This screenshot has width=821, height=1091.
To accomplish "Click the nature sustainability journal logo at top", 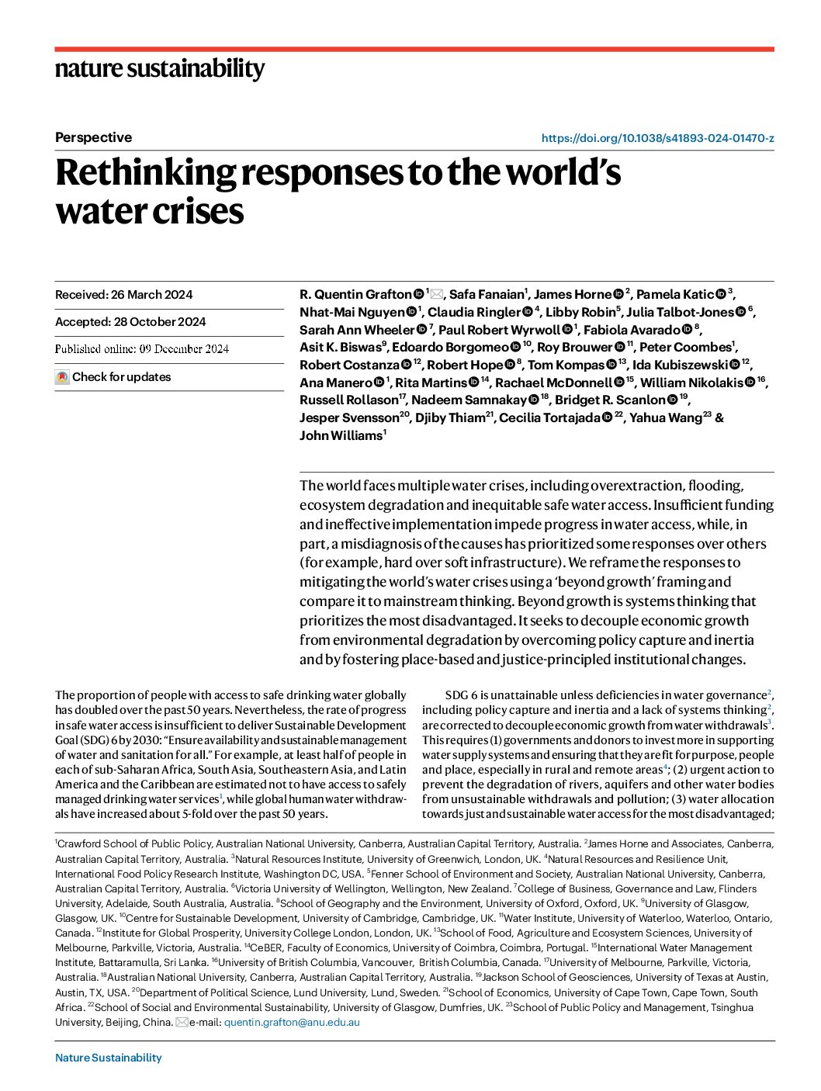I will pyautogui.click(x=160, y=69).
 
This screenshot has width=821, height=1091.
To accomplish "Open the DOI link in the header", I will pyautogui.click(x=657, y=138).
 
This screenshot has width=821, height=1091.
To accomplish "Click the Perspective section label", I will pyautogui.click(x=93, y=137).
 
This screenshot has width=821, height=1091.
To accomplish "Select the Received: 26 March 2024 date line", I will pyautogui.click(x=124, y=295).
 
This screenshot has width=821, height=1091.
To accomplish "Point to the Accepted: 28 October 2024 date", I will pyautogui.click(x=130, y=322).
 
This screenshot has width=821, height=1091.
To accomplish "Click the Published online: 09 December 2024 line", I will pyautogui.click(x=142, y=349).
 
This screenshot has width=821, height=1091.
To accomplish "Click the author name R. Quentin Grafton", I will pyautogui.click(x=355, y=294).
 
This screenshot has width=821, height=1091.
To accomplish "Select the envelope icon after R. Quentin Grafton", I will pyautogui.click(x=436, y=294).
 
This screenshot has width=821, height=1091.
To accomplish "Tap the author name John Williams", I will pyautogui.click(x=340, y=435).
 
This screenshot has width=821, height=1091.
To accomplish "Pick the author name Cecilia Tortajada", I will pyautogui.click(x=549, y=418).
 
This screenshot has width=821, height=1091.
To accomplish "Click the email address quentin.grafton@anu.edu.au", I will pyautogui.click(x=292, y=1023).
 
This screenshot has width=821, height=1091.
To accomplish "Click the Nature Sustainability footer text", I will pyautogui.click(x=109, y=1058).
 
